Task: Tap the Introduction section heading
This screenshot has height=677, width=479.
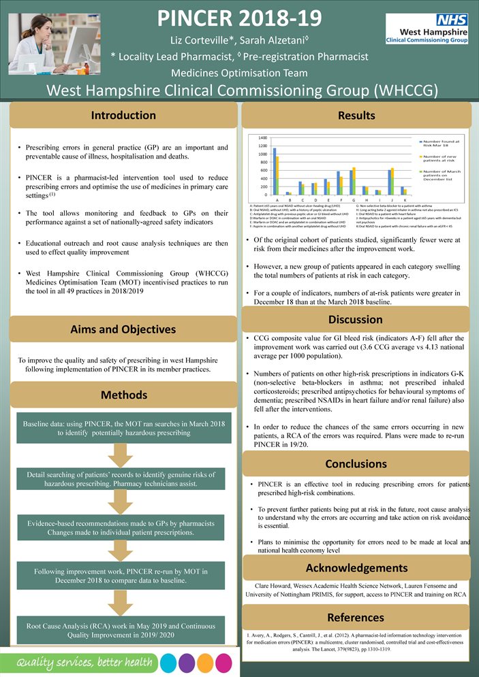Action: pyautogui.click(x=123, y=115)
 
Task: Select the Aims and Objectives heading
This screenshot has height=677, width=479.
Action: pyautogui.click(x=123, y=329)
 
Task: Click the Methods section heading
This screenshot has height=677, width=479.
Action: pyautogui.click(x=123, y=395)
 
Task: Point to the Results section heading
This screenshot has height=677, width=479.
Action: pyautogui.click(x=356, y=116)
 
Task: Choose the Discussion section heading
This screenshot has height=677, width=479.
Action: pyautogui.click(x=355, y=319)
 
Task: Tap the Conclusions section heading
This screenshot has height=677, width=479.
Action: pyautogui.click(x=355, y=464)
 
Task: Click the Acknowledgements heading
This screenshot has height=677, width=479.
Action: pyautogui.click(x=356, y=567)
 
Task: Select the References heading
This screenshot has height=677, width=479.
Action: pyautogui.click(x=356, y=617)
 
